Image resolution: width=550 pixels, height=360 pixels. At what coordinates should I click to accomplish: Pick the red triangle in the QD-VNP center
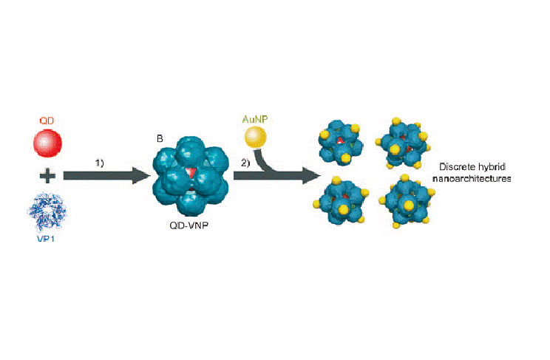[191, 173]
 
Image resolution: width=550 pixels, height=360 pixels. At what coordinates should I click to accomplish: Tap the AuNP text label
[256, 118]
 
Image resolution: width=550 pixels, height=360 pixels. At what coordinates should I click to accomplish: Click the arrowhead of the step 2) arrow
[314, 177]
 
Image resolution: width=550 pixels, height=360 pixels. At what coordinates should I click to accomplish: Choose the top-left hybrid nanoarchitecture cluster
[341, 142]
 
